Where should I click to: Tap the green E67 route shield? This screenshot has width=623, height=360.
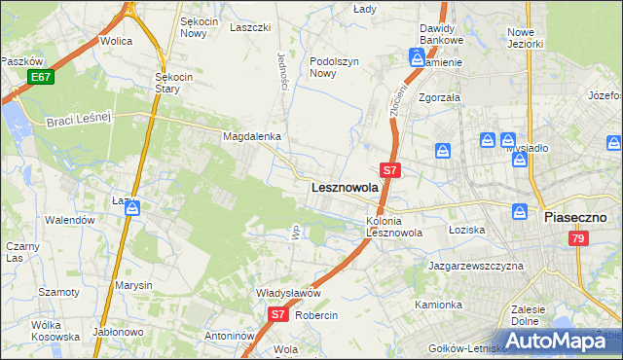(40, 77)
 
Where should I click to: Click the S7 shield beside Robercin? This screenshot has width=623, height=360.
(277, 314)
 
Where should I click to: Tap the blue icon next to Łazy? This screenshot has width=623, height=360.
(132, 207)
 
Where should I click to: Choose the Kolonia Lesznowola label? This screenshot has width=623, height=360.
(393, 227)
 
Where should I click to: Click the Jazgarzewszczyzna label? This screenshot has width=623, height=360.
(476, 266)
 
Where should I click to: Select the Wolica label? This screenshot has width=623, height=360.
(116, 42)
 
